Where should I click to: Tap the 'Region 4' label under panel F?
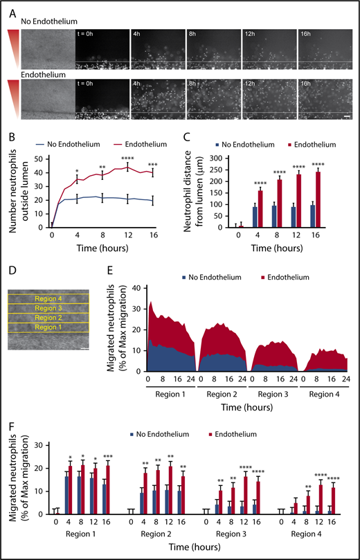[x=305, y=535]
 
